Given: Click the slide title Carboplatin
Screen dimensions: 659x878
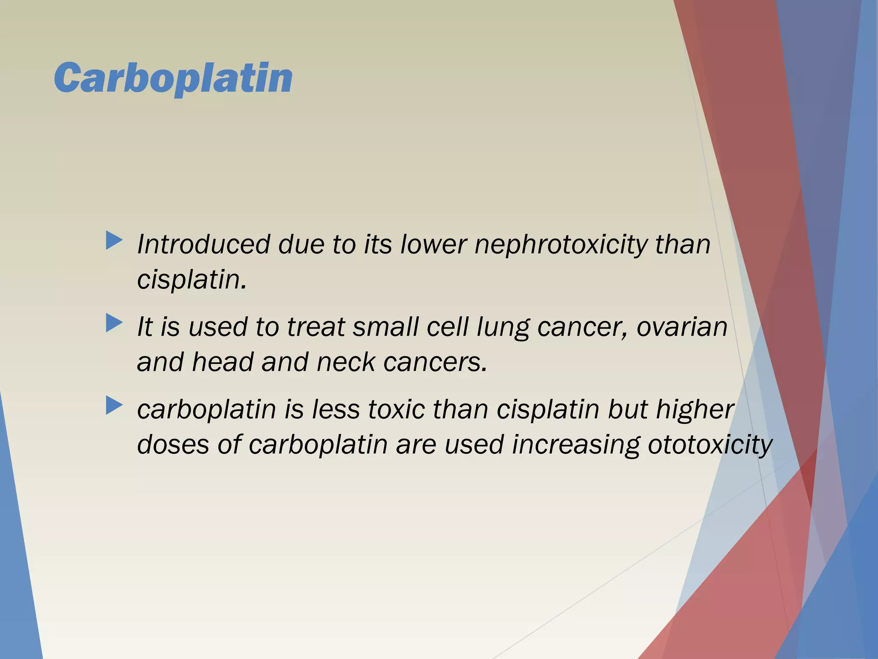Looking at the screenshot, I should (173, 78).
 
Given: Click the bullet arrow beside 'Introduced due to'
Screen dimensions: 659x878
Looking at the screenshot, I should (114, 241).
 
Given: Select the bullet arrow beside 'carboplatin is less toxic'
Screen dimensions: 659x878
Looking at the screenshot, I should (114, 405).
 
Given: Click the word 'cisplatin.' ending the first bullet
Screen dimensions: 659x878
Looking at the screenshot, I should (192, 280).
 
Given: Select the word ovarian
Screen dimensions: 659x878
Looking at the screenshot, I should (682, 327).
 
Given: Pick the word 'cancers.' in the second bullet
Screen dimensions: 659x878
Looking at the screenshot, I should (435, 363).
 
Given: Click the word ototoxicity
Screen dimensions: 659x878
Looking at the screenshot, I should (710, 444).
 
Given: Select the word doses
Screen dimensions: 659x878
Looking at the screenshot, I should (173, 444).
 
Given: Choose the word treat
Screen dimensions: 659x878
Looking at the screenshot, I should (316, 327).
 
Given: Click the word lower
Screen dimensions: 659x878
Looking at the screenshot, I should (433, 245).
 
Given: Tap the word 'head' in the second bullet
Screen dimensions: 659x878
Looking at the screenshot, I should (223, 362).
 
